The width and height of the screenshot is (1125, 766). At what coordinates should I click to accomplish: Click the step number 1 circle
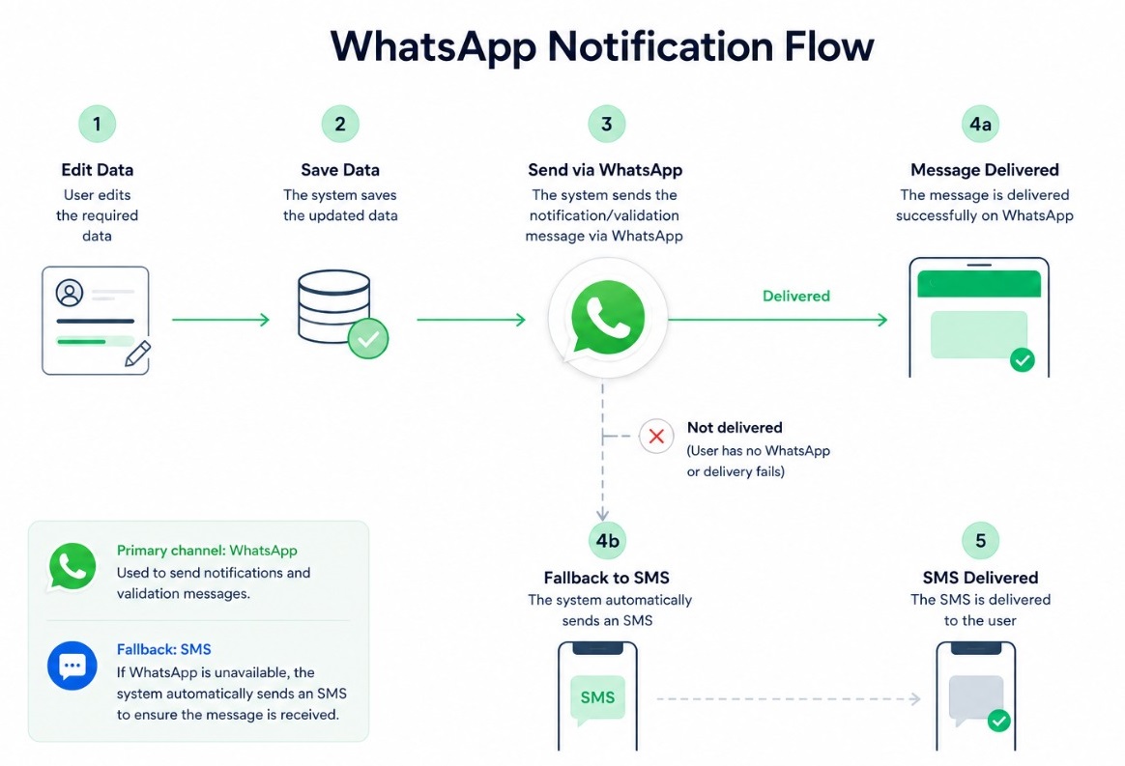click(97, 124)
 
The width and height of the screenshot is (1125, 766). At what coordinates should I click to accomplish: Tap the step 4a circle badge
click(980, 124)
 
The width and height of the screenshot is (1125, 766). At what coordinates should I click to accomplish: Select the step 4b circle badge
click(607, 540)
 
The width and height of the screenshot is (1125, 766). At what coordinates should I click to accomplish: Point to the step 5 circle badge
click(980, 540)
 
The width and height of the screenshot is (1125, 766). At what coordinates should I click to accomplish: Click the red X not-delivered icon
click(656, 436)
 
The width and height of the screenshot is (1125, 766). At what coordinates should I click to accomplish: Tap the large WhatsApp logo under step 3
click(607, 318)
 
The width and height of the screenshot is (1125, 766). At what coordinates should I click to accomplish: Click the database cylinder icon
click(334, 306)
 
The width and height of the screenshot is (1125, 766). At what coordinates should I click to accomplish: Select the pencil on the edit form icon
click(138, 354)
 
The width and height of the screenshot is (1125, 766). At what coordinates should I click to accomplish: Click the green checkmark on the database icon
click(368, 338)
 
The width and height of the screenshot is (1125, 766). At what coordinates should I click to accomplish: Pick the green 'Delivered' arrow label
click(795, 296)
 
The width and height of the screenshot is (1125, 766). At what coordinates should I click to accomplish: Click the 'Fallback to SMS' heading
click(606, 578)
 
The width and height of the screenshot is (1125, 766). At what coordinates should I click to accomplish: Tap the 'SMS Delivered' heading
click(980, 578)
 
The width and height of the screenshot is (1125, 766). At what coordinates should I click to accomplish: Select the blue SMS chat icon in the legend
click(72, 666)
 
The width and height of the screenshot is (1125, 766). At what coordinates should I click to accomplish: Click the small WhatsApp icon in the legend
click(72, 567)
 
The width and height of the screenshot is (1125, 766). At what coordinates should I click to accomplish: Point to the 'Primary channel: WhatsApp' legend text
click(207, 551)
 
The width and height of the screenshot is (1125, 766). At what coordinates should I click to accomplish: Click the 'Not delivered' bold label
click(735, 428)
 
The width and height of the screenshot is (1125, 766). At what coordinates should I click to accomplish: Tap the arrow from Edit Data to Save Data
click(221, 320)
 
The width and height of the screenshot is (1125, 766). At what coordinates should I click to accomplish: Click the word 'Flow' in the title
click(828, 46)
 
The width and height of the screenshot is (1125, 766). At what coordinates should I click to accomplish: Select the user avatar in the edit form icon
click(70, 293)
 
